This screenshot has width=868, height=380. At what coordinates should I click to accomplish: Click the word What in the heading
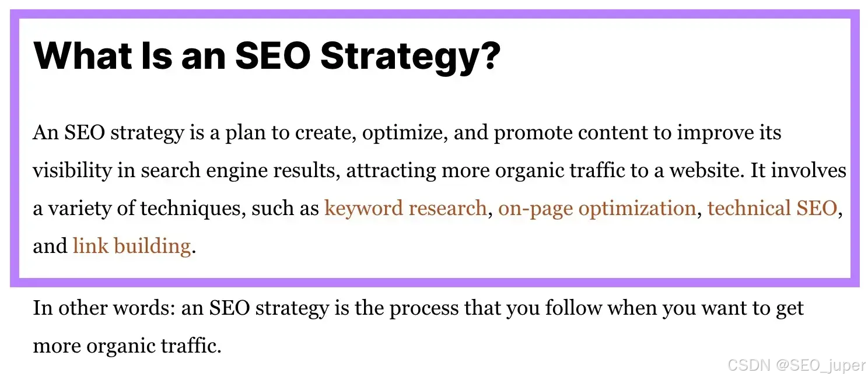coord(82,56)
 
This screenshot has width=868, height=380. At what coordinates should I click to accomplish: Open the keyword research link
coord(405,208)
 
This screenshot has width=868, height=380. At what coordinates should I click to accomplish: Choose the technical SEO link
coord(772,208)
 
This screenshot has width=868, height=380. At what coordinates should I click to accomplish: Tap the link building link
coord(132,246)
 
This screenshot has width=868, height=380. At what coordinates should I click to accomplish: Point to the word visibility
coord(72,171)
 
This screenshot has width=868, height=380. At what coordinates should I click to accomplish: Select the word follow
coord(573,308)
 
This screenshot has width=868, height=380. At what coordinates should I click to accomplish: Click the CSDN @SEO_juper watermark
coord(797,365)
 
